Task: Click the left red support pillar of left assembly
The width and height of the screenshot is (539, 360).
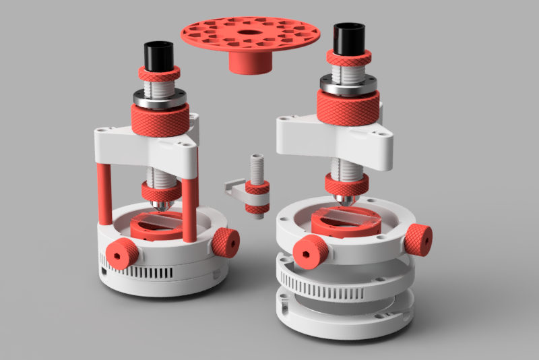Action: (104, 193)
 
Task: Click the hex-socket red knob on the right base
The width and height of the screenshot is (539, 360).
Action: (311, 252)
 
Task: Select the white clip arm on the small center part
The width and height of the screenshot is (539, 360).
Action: (234, 187)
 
